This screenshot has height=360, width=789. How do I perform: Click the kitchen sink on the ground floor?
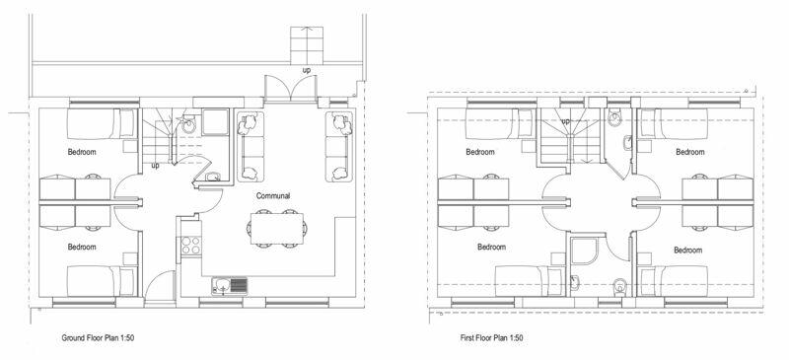click(x=229, y=286)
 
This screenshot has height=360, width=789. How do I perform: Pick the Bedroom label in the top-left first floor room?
click(x=480, y=152)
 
